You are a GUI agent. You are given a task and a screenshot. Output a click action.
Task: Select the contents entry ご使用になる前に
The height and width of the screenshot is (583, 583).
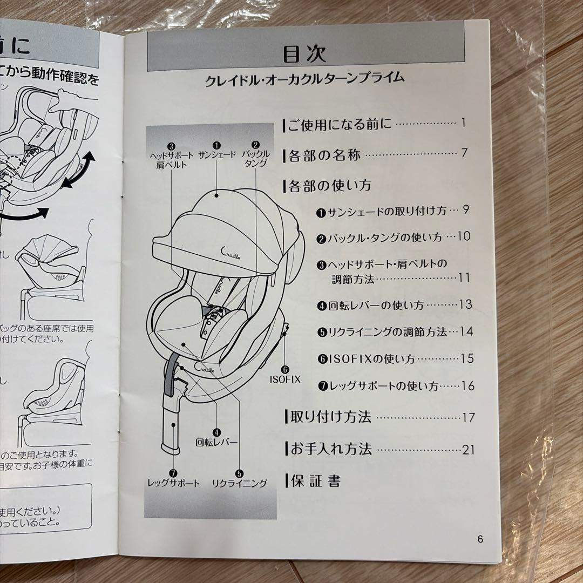(339, 124)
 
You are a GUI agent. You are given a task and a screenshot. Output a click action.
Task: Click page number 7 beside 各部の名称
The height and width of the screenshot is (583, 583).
(464, 153)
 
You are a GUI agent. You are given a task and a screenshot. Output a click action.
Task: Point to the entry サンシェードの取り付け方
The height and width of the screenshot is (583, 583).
(387, 211)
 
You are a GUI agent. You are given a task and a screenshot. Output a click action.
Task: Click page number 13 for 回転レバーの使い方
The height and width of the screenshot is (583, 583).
(465, 304)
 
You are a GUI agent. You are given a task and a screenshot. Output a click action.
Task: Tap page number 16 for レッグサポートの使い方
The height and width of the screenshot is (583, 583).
(467, 386)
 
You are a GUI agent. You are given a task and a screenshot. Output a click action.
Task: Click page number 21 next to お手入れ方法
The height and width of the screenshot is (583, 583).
(467, 450)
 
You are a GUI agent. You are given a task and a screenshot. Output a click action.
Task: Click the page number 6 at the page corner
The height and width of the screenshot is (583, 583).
(480, 539)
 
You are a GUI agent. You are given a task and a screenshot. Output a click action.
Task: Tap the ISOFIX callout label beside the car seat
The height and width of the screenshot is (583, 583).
(285, 379)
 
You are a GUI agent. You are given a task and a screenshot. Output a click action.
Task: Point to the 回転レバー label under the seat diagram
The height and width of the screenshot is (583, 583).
(216, 442)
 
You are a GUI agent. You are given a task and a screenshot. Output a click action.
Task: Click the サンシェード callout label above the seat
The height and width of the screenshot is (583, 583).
(217, 155)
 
